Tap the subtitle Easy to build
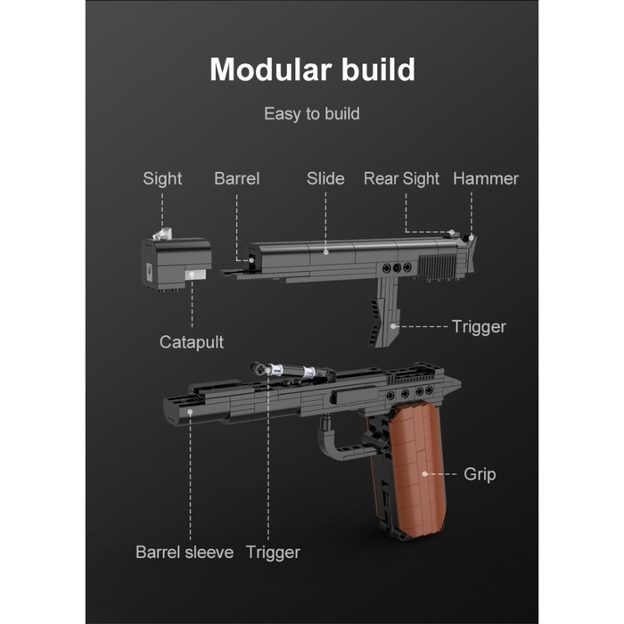[x=311, y=114]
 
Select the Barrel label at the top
[x=236, y=178]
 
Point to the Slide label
[x=325, y=178]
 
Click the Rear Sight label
[x=401, y=178]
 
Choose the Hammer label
[x=485, y=178]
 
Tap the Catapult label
[x=191, y=341]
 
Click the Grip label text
[x=480, y=474]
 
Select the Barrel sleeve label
[x=184, y=553]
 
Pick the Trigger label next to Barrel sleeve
[x=273, y=553]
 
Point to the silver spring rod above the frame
[x=285, y=371]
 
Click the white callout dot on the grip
[x=424, y=474]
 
